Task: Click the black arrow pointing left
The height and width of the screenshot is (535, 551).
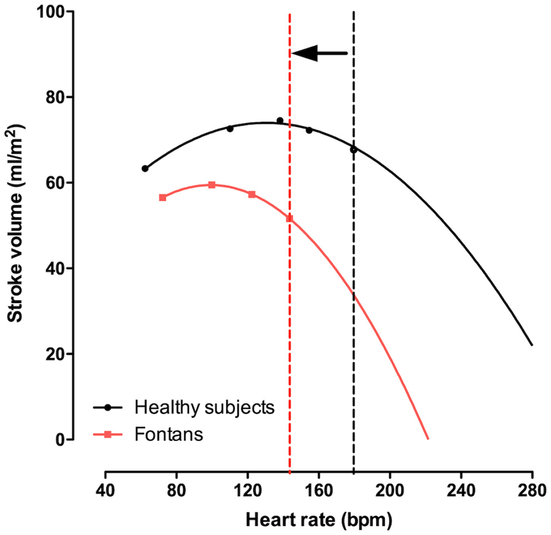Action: point(319,53)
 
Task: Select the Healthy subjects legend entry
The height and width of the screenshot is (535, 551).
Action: point(204,407)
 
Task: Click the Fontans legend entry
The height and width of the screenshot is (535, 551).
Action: point(169,434)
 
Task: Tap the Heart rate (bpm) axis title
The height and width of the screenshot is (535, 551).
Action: point(319,520)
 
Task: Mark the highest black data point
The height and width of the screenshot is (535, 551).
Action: point(280,121)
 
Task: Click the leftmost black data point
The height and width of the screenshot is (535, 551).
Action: point(145,169)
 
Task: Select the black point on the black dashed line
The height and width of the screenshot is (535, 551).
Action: point(354,150)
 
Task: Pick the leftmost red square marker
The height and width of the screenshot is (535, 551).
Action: point(163,197)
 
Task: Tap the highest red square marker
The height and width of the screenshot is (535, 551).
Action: point(212,185)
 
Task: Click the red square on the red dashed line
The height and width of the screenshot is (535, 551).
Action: point(289,219)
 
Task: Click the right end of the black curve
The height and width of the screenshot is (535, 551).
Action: point(532,345)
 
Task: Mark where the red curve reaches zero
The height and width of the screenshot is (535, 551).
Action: point(428,439)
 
